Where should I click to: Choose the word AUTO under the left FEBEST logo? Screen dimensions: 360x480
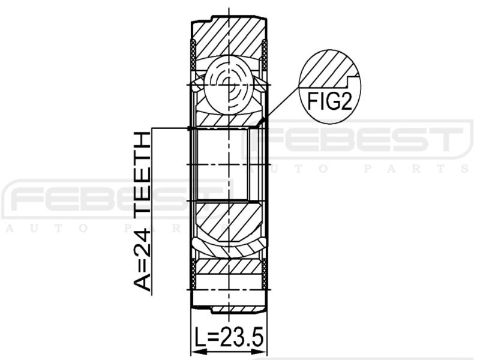(48, 229)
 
